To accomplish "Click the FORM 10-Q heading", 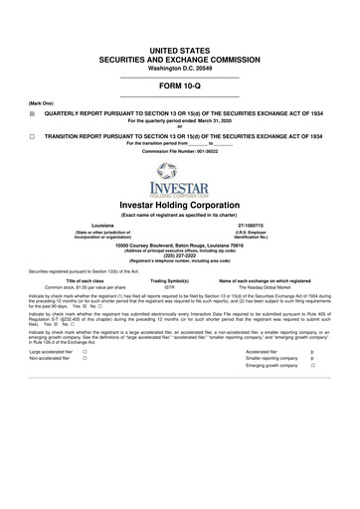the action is point(179,87).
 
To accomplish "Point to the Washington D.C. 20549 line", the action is point(179,70).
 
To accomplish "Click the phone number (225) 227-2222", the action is point(179,253).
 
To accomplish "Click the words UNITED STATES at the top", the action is point(179,49).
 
